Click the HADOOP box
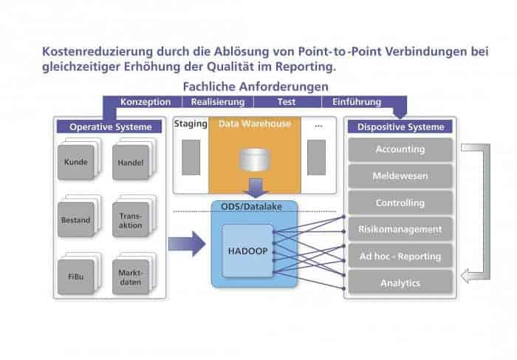(247, 251)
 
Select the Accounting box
(400, 149)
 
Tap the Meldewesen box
(400, 176)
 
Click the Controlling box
(400, 203)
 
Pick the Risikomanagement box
(400, 229)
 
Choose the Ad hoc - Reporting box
(400, 256)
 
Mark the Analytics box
(400, 282)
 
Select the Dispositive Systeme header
(400, 126)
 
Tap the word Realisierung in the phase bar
(217, 102)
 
